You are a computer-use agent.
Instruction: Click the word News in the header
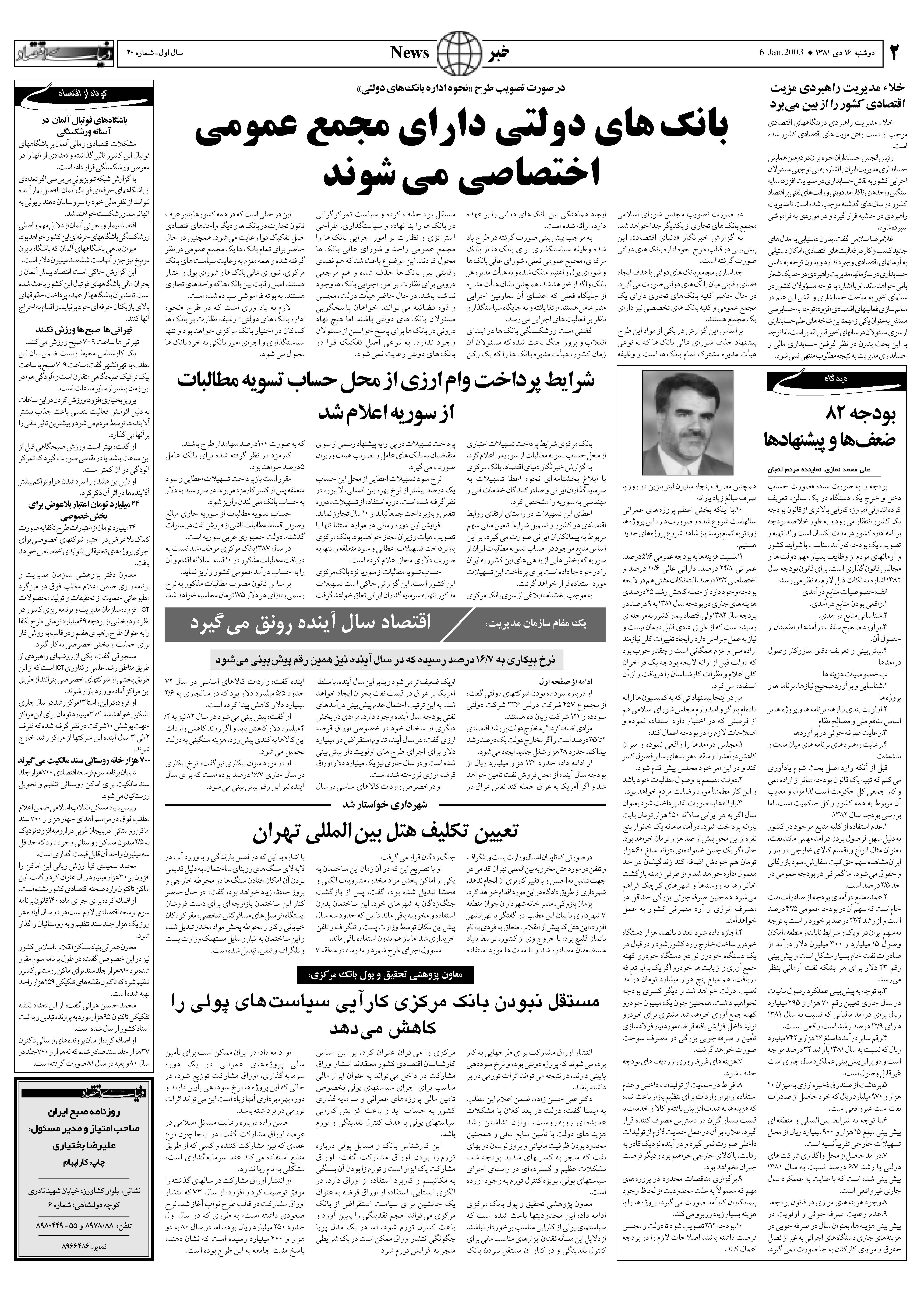(410, 53)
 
